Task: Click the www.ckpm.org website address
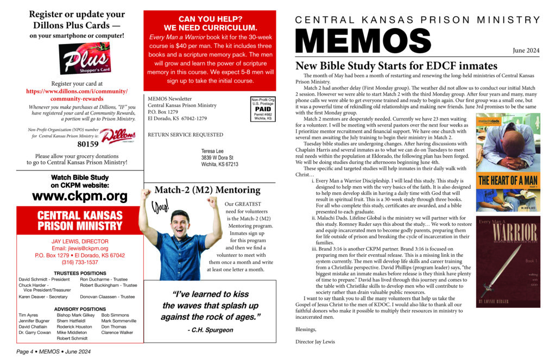coord(80,196)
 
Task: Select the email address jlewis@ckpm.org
coord(80,248)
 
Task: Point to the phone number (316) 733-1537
coord(80,262)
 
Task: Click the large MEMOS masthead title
coord(363,40)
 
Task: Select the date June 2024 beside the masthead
coord(526,50)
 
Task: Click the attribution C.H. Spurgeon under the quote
coord(209,330)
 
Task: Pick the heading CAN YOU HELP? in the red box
coord(210,18)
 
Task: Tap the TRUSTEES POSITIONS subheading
coord(80,273)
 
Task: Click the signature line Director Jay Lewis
coord(315,342)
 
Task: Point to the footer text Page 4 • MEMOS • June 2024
coord(53,352)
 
